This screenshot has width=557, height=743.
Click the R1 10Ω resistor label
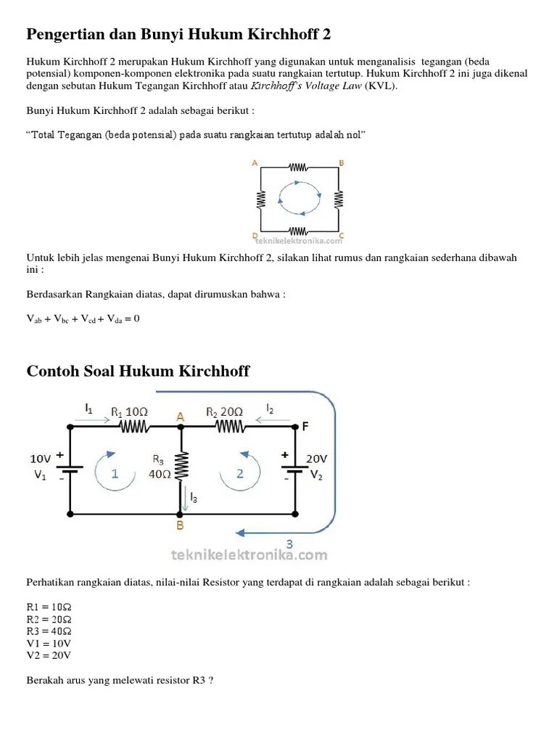[x=129, y=411]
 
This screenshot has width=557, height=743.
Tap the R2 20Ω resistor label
[x=223, y=411]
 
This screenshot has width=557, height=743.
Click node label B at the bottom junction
[x=181, y=525]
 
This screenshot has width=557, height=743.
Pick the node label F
[x=305, y=427]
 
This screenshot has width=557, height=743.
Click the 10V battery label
[x=40, y=459]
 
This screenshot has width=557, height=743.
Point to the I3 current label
[x=193, y=498]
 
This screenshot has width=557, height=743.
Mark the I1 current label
[x=88, y=409]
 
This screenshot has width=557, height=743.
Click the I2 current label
[x=271, y=409]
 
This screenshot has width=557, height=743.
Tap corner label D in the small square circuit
[x=255, y=236]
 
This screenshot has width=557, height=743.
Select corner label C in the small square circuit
[x=342, y=236]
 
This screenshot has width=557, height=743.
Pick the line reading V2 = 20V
[x=49, y=654]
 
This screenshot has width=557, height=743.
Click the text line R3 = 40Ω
[x=49, y=631]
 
